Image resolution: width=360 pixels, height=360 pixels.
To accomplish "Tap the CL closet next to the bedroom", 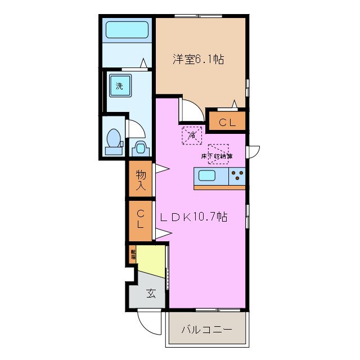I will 227,121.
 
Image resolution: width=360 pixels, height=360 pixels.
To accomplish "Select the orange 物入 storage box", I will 140,179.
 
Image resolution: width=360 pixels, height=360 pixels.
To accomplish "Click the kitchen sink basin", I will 206,176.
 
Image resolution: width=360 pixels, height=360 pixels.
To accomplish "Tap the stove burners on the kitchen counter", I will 237,176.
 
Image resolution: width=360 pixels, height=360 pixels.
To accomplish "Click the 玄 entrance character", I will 151,293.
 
